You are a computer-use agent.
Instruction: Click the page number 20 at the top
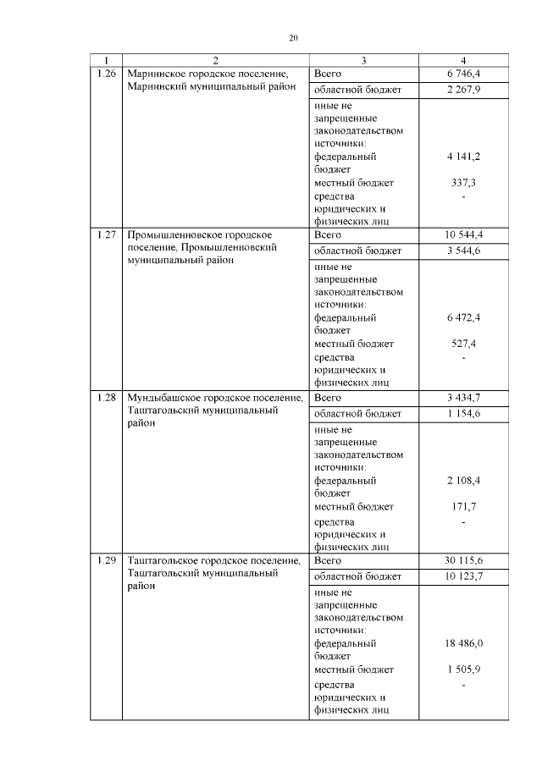point(294,37)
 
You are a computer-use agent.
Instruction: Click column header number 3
point(363,60)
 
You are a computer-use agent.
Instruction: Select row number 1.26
point(106,74)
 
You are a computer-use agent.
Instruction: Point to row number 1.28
point(106,397)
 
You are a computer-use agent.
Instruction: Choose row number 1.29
point(106,559)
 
